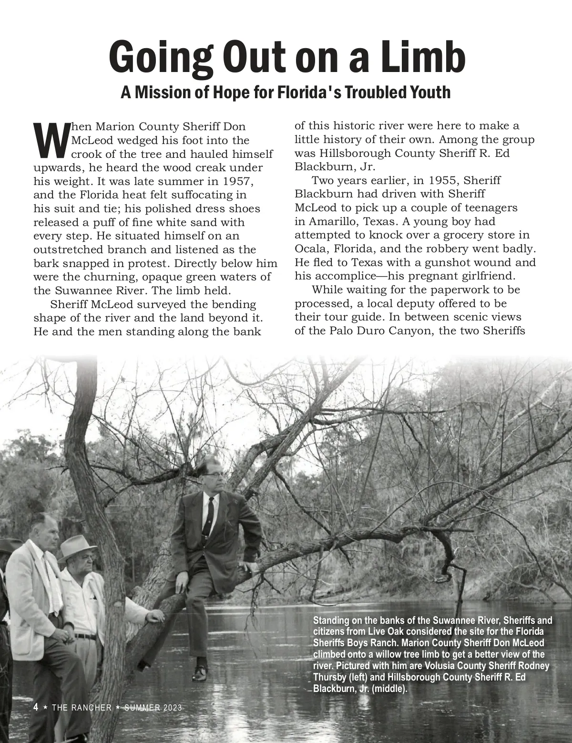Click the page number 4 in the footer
36,707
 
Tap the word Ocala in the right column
310,249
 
